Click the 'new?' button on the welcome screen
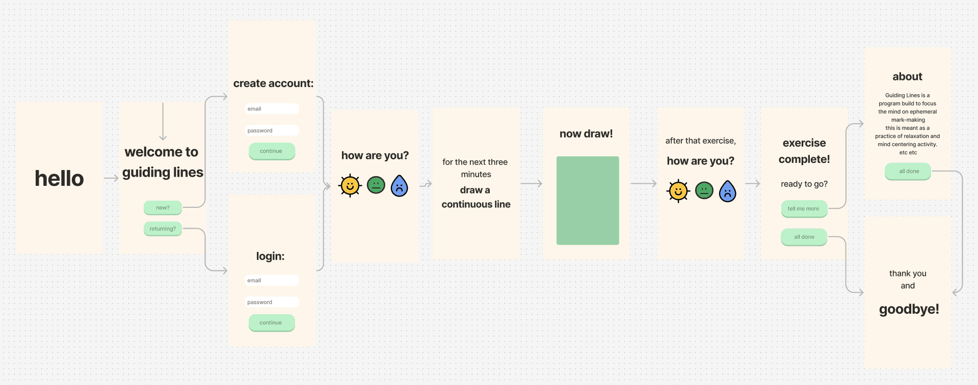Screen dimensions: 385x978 tap(163, 208)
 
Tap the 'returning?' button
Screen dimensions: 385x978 tap(163, 229)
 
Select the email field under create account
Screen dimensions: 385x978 tap(272, 109)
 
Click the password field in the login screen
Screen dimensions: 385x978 tap(272, 302)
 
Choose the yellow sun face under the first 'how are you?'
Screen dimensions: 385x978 tap(350, 185)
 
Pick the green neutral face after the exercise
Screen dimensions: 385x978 tap(704, 190)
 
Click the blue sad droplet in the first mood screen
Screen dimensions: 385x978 tap(400, 186)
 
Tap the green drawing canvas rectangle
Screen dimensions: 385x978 tap(588, 201)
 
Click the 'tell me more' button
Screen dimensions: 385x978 tap(804, 209)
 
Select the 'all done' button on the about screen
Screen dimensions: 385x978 tap(908, 171)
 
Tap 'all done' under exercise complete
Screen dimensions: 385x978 tap(804, 237)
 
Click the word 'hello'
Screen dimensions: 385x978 tap(59, 179)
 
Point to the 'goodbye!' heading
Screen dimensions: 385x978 tap(909, 309)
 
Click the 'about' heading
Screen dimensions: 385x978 tap(907, 77)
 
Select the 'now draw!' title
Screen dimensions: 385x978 tap(586, 134)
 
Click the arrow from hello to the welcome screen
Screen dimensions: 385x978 tap(111, 178)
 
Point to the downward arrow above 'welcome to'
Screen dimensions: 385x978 tap(163, 122)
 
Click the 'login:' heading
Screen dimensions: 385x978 tap(270, 256)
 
